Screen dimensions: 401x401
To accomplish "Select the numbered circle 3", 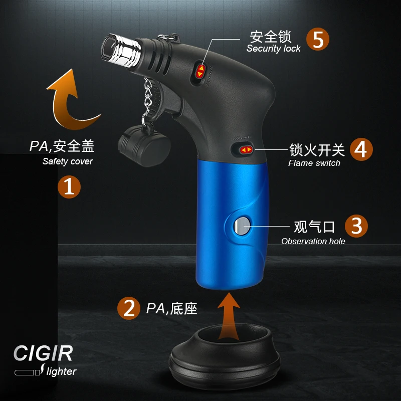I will (x=356, y=226).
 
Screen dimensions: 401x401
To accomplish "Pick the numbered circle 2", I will (x=128, y=308).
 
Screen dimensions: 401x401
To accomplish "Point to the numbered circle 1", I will (x=69, y=186).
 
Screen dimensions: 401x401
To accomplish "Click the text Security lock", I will (x=273, y=49).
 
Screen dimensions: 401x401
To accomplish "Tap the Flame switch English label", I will (x=314, y=163).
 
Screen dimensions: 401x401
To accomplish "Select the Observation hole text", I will (x=313, y=241).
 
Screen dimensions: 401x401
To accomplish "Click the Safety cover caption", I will (x=68, y=161).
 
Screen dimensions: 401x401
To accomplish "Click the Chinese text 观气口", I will (x=314, y=227).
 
